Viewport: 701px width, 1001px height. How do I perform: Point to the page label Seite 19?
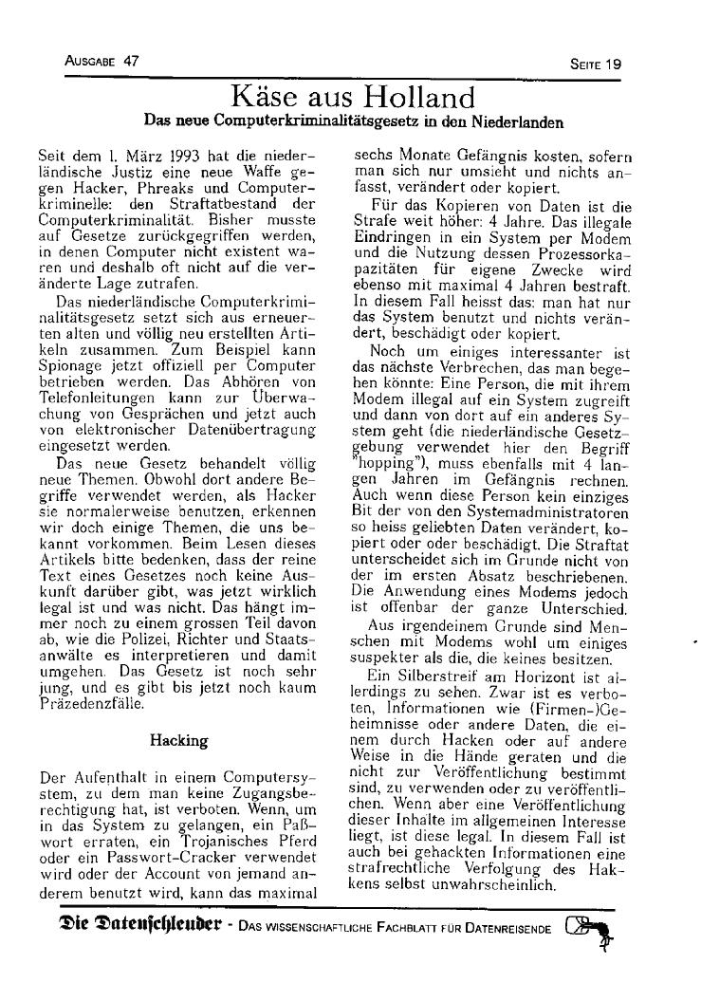tap(596, 65)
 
